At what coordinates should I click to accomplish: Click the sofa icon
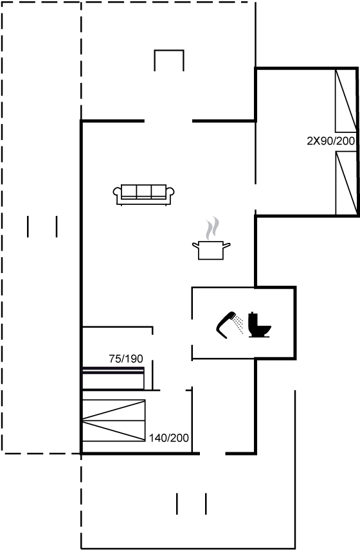pyautogui.click(x=143, y=195)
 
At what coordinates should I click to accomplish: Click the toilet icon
pyautogui.click(x=260, y=325)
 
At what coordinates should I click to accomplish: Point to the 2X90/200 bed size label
pyautogui.click(x=331, y=141)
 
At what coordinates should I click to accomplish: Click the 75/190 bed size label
pyautogui.click(x=126, y=359)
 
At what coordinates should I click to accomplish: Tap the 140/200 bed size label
pyautogui.click(x=169, y=438)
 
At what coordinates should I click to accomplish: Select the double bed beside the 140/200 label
pyautogui.click(x=114, y=420)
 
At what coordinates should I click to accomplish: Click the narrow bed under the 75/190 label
pyautogui.click(x=113, y=378)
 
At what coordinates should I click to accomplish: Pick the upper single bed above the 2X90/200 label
pyautogui.click(x=346, y=101)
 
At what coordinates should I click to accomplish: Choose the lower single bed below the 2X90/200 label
pyautogui.click(x=346, y=182)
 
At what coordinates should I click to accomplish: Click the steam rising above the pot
pyautogui.click(x=212, y=228)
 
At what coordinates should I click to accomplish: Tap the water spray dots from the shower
pyautogui.click(x=239, y=324)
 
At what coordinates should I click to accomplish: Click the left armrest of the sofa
pyautogui.click(x=117, y=193)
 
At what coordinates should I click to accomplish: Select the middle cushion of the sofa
pyautogui.click(x=143, y=191)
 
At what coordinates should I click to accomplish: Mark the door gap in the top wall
pyautogui.click(x=168, y=121)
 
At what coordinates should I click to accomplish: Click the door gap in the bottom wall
pyautogui.click(x=212, y=454)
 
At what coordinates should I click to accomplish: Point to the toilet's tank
pyautogui.click(x=253, y=319)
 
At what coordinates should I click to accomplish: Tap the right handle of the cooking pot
pyautogui.click(x=227, y=245)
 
